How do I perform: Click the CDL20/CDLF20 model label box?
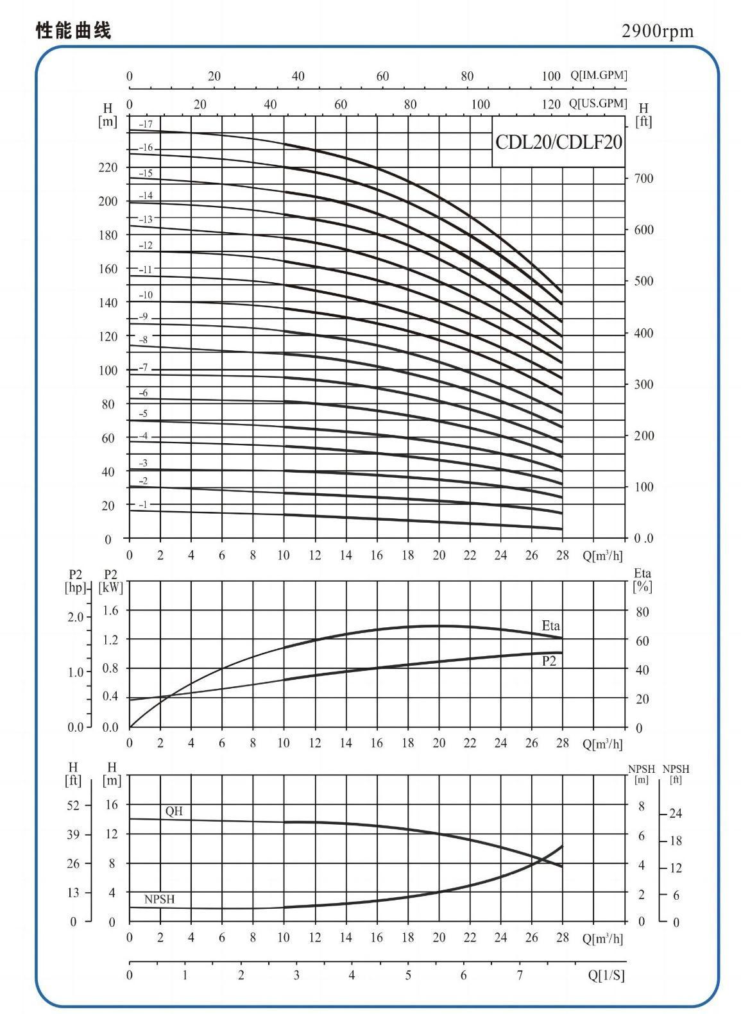click(x=558, y=142)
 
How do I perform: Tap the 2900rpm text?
click(x=658, y=31)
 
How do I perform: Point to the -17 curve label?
click(x=146, y=124)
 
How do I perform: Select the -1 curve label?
click(x=143, y=504)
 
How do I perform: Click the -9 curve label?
click(x=143, y=316)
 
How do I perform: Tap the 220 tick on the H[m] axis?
click(x=108, y=167)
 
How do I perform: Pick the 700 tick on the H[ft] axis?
click(x=643, y=178)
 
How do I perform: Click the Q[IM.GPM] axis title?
click(x=599, y=75)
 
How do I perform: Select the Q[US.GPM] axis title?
click(x=599, y=104)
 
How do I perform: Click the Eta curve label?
click(x=550, y=626)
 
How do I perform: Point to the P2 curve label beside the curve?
click(x=549, y=661)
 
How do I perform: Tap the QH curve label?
click(x=174, y=811)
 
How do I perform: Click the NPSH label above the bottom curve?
click(x=160, y=899)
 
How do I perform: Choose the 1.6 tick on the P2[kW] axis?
click(x=110, y=611)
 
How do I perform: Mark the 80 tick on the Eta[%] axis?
click(x=642, y=612)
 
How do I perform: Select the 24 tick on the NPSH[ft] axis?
click(x=676, y=814)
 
